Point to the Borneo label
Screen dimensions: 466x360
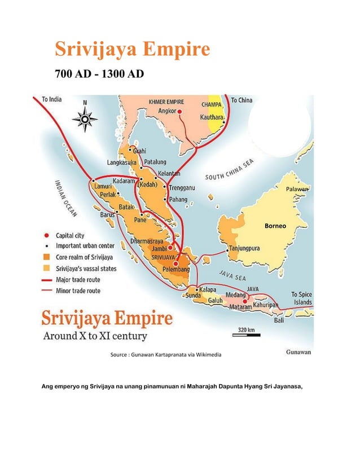click(275, 226)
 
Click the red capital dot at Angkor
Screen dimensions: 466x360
click(179, 112)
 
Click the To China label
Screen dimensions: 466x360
click(242, 100)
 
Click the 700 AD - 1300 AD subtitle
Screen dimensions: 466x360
click(99, 74)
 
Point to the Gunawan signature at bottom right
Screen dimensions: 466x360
click(296, 352)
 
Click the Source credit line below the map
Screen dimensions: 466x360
click(166, 355)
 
